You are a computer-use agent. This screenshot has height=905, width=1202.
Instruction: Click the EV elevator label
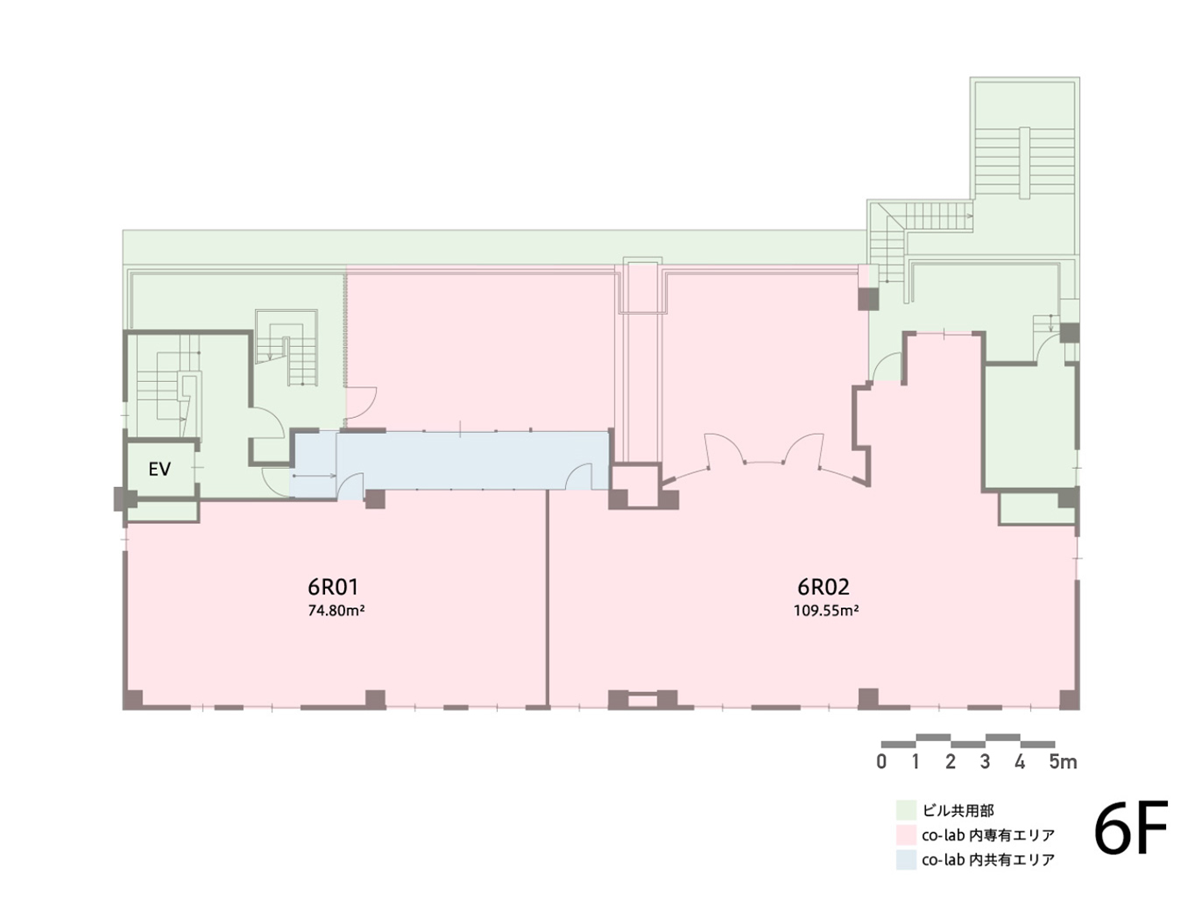tap(159, 470)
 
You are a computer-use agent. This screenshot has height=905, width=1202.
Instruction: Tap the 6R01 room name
tap(333, 587)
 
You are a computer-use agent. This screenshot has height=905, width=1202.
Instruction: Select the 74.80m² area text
tap(336, 611)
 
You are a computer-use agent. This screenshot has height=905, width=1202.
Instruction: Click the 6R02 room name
tap(824, 587)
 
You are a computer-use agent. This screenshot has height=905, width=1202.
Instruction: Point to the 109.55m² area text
tap(825, 611)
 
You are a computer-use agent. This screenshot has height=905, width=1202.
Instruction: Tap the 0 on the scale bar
tap(881, 761)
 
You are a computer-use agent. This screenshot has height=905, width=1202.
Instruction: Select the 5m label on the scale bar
tap(1063, 761)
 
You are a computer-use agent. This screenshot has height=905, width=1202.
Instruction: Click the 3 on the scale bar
tap(986, 761)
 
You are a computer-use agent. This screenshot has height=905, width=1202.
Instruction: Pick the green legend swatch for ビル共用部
tap(906, 810)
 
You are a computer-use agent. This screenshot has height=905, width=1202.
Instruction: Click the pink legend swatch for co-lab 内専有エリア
tap(906, 835)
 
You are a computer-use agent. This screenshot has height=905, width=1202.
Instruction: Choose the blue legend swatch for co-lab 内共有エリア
tap(906, 859)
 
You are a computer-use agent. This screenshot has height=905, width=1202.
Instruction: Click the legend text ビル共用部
tap(958, 810)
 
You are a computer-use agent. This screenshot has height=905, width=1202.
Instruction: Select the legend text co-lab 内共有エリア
tap(988, 859)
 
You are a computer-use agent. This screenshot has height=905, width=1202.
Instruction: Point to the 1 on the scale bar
tap(916, 761)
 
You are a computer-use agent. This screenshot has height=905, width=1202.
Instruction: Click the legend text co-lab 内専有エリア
tap(988, 835)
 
